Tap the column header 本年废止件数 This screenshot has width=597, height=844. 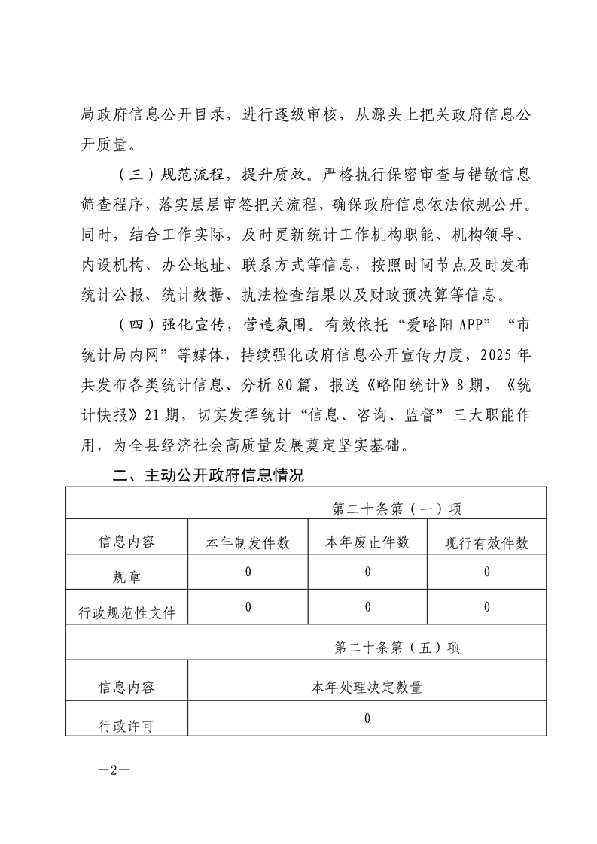367,542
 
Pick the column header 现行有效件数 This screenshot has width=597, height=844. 486,543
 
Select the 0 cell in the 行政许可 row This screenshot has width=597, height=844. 367,718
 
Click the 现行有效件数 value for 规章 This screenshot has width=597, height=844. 487,572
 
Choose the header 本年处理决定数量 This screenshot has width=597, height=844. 367,687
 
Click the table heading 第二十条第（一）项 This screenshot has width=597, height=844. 397,508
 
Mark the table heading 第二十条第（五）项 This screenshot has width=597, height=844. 397,646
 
